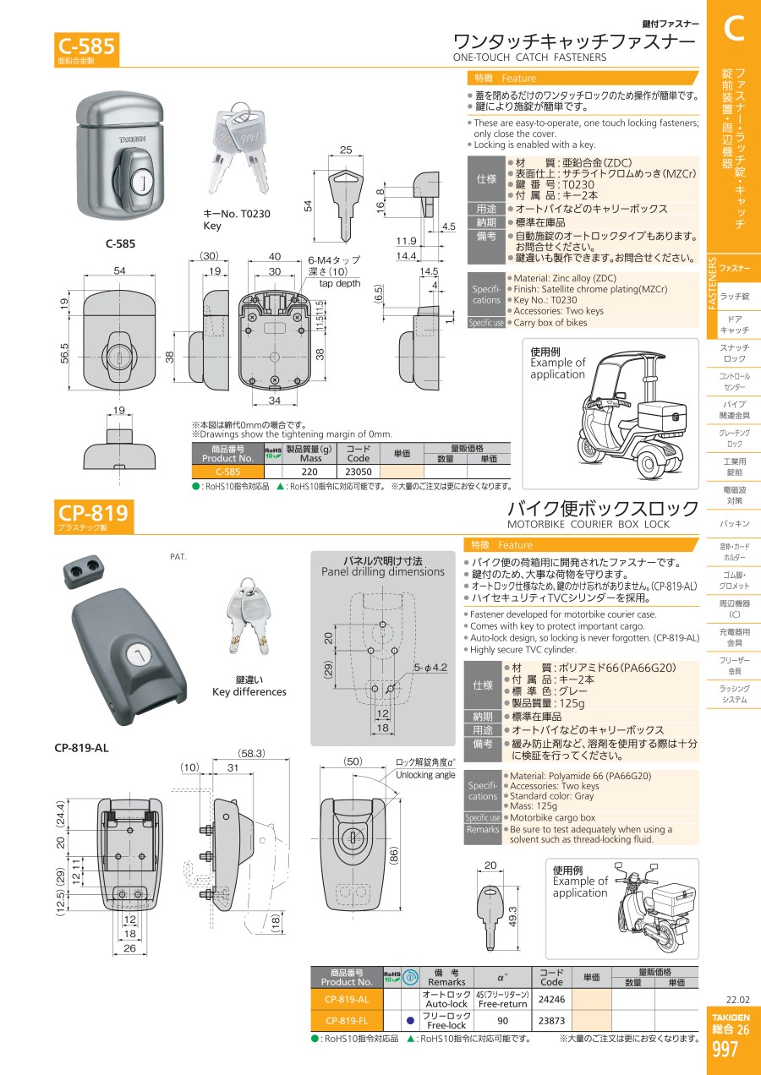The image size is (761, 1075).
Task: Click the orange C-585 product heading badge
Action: point(86,49)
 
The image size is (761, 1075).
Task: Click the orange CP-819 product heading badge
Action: point(94,516)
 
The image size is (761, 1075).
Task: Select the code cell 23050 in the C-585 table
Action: point(359,472)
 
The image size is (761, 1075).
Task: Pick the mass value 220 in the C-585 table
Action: point(309,472)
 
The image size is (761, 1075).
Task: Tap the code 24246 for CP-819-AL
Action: point(551,999)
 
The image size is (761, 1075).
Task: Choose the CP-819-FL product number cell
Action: point(347,1020)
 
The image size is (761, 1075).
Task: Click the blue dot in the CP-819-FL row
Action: point(410,1020)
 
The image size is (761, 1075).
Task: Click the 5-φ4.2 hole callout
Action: point(430,667)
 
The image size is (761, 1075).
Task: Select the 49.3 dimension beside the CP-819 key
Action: point(512,916)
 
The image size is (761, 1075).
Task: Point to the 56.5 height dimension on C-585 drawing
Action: point(64,352)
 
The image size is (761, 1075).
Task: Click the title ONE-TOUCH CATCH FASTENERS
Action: point(529,57)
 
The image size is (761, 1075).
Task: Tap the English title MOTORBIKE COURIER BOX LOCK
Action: point(589,524)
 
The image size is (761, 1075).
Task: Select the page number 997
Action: point(725,1049)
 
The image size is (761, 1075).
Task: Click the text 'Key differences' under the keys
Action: point(249,691)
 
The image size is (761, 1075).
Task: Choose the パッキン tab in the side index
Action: point(734,524)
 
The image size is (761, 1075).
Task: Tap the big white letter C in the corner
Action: point(734,29)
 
